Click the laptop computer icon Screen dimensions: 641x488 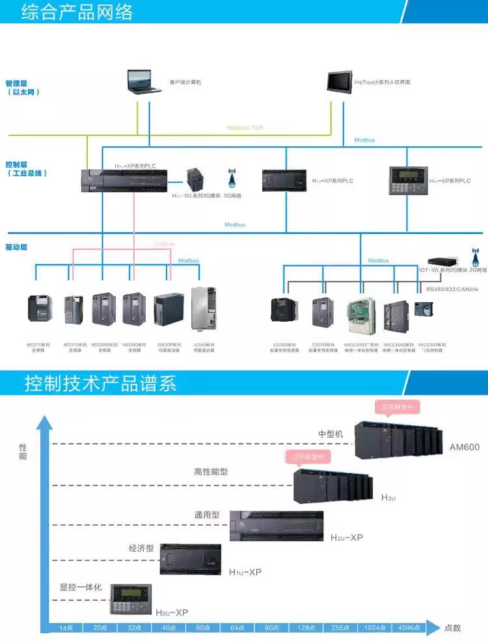pyautogui.click(x=144, y=83)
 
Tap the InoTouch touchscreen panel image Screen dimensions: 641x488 pyautogui.click(x=340, y=83)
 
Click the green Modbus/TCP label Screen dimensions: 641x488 pyautogui.click(x=245, y=128)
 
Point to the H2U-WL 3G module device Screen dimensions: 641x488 pyautogui.click(x=196, y=178)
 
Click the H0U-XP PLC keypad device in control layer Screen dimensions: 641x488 pyautogui.click(x=406, y=181)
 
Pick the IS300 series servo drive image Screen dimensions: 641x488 pyautogui.click(x=203, y=310)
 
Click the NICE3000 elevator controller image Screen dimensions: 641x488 pyautogui.click(x=360, y=315)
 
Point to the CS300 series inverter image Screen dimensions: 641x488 pyautogui.click(x=285, y=309)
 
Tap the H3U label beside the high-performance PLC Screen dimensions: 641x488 pyautogui.click(x=388, y=497)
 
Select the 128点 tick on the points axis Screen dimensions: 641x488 pyautogui.click(x=304, y=627)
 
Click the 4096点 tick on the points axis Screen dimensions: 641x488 pyautogui.click(x=408, y=627)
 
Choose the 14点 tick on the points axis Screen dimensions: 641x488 pyautogui.click(x=64, y=627)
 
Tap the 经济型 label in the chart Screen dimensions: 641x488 pyautogui.click(x=141, y=548)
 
